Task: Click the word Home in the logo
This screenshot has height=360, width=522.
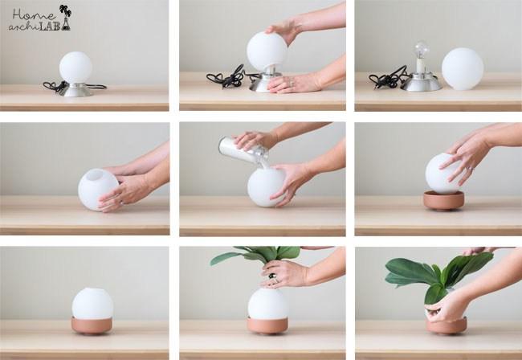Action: (x=32, y=14)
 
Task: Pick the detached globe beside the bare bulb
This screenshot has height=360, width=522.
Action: (x=463, y=69)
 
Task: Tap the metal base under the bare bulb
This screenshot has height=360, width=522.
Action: (x=421, y=83)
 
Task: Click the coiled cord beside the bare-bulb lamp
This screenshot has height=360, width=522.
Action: (x=388, y=79)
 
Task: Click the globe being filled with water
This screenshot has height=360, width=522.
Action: (x=265, y=186)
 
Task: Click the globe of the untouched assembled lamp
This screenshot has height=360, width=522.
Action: (x=75, y=67)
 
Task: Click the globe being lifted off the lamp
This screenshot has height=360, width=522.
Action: (x=266, y=51)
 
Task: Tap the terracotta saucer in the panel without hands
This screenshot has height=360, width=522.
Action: (x=91, y=325)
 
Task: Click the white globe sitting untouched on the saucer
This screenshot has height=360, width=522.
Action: (x=92, y=303)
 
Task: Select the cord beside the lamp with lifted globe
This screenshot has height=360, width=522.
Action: (x=226, y=79)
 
